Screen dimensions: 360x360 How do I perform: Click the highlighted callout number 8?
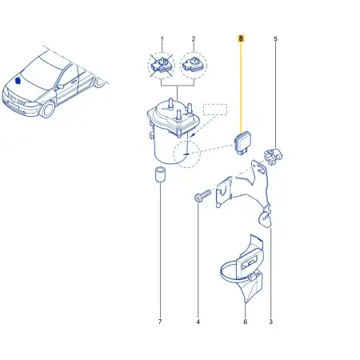[x=241, y=38]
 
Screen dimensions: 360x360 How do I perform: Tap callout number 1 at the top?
[x=162, y=39]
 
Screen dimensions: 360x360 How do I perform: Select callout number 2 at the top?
[x=194, y=39]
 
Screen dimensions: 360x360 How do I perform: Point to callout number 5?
[x=275, y=39]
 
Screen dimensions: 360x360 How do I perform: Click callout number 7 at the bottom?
[x=160, y=322]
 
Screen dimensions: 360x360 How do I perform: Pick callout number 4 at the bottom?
[x=198, y=322]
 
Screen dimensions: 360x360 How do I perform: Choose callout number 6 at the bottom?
[x=246, y=322]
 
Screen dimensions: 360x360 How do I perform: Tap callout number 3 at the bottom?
[x=270, y=322]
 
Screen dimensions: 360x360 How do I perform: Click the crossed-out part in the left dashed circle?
[x=161, y=65]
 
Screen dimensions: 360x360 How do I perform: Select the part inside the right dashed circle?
[x=194, y=65]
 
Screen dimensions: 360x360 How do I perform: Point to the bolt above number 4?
[x=202, y=196]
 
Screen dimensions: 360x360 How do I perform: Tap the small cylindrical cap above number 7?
[x=160, y=174]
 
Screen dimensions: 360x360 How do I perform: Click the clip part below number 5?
[x=273, y=157]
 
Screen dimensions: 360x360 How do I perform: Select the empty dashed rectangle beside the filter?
[x=215, y=110]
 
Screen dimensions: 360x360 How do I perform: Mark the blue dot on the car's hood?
[x=18, y=80]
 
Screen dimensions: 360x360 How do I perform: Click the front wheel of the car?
[x=47, y=108]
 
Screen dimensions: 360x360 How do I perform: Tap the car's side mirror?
[x=60, y=86]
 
